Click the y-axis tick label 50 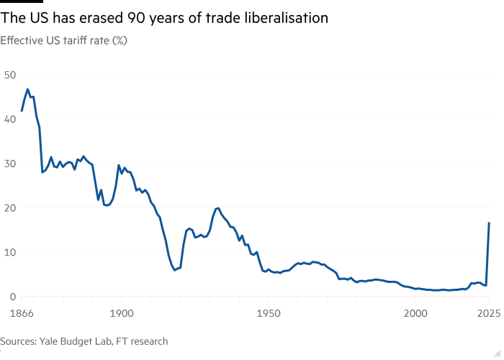[x=11, y=74]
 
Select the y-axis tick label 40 [x=11, y=119]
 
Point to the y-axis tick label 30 [x=11, y=163]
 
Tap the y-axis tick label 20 [x=11, y=207]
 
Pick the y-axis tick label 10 [x=11, y=252]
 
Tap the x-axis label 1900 [x=121, y=312]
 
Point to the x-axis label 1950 [x=268, y=312]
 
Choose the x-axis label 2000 [x=415, y=312]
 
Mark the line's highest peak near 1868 [x=27, y=89]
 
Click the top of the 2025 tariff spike [x=490, y=222]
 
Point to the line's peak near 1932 [x=217, y=207]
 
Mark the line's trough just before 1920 [x=175, y=270]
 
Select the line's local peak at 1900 [x=119, y=165]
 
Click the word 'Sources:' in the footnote [x=20, y=341]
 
